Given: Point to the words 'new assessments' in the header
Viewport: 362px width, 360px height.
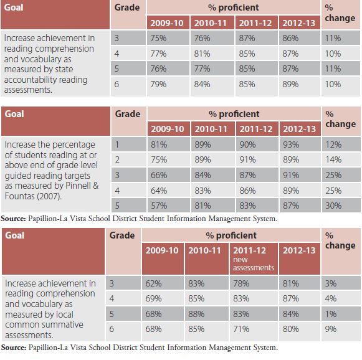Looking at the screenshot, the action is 254,263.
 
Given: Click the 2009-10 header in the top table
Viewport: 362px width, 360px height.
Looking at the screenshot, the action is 167,23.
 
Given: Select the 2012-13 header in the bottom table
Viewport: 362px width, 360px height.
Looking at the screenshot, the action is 299,250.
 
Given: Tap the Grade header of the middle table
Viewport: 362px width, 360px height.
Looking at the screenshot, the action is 128,114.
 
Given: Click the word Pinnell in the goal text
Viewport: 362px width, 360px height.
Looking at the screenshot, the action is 78,186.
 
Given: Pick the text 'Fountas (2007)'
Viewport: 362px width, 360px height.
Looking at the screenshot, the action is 33,196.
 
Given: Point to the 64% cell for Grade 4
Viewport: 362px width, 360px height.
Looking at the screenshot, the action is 159,191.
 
